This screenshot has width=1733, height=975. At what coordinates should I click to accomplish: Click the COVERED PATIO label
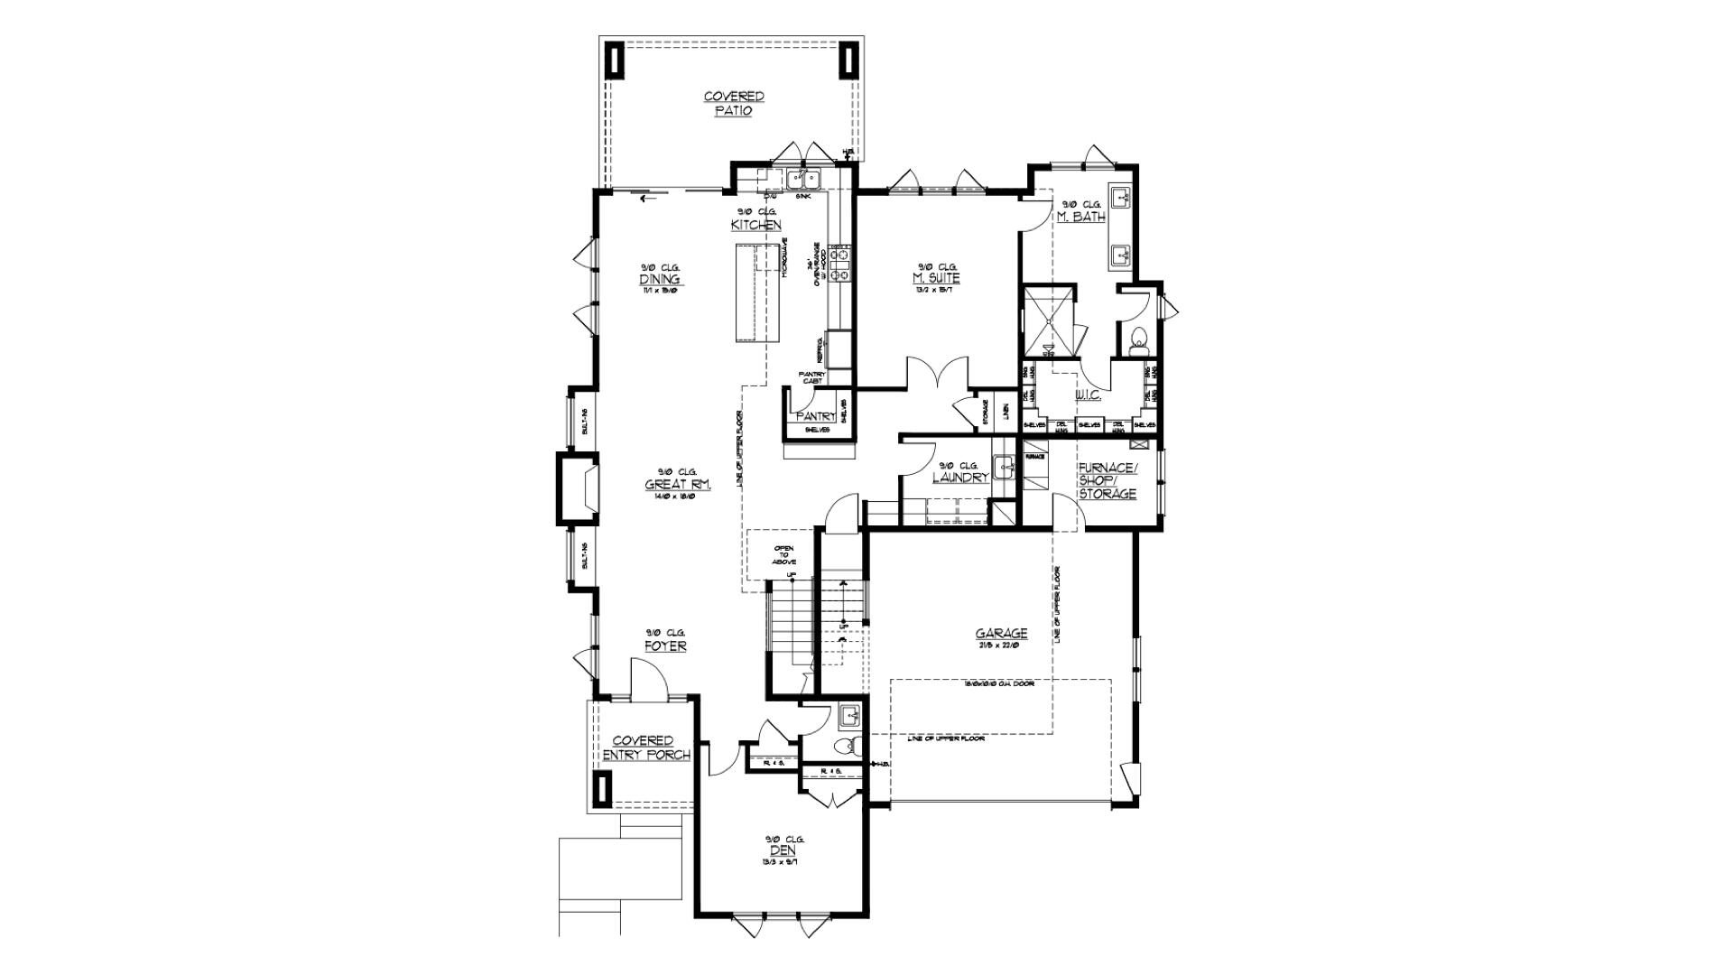(x=734, y=103)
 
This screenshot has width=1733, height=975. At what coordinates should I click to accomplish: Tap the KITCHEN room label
(x=755, y=224)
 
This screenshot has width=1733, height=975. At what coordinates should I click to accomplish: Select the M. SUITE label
(x=936, y=278)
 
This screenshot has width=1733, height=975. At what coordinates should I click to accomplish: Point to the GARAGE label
(x=1001, y=634)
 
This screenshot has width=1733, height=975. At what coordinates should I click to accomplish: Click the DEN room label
(x=782, y=850)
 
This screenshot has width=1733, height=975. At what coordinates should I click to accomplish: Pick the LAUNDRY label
(x=960, y=477)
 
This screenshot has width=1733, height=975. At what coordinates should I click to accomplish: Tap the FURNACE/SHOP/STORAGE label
(x=1107, y=480)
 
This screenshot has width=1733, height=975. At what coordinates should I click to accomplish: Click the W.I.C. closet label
(x=1087, y=395)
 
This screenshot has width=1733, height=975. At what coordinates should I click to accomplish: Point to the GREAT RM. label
(x=678, y=485)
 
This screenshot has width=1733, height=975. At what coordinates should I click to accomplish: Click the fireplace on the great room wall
(x=578, y=489)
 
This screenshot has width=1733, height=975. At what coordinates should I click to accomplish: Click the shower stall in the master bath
(x=1048, y=320)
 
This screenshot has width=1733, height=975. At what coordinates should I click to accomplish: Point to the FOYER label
(x=665, y=646)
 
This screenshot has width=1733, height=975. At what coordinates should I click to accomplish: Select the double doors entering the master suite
(x=940, y=375)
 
